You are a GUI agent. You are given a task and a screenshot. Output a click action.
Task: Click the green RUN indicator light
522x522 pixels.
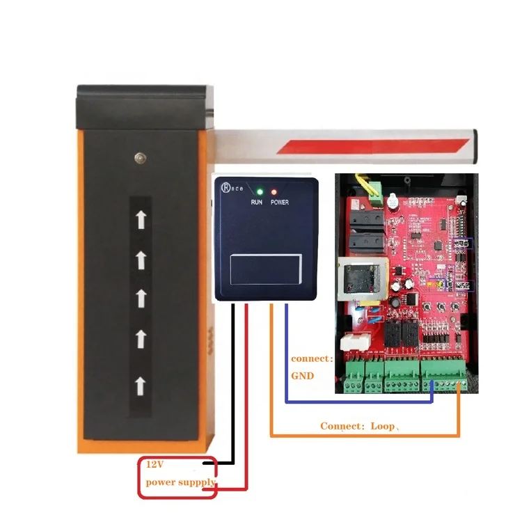259,191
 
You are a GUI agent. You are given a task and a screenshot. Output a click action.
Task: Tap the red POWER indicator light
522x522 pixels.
275,191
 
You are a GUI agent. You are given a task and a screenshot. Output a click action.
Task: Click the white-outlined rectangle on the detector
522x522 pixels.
266,269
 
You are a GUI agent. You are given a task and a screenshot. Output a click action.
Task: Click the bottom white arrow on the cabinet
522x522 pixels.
141,384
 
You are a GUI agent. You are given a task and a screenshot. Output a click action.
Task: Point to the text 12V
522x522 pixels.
154,464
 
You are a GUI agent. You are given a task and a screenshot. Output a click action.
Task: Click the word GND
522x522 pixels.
303,375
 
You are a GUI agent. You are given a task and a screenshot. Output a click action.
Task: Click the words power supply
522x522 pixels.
180,482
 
